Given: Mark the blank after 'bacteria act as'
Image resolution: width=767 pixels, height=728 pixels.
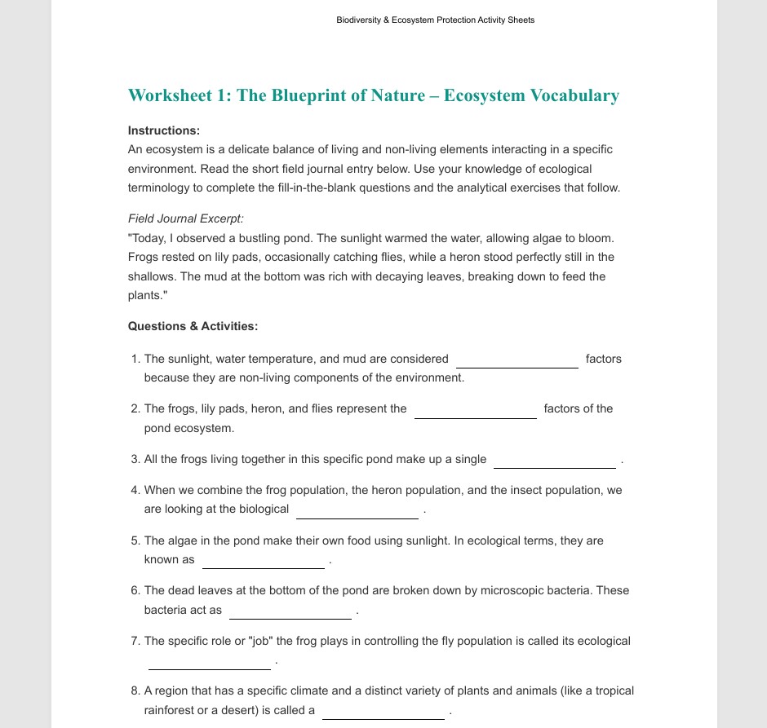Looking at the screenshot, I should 290,615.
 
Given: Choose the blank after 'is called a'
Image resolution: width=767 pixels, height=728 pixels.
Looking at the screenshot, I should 383,715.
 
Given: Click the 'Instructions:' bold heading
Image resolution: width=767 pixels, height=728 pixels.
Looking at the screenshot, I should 164,130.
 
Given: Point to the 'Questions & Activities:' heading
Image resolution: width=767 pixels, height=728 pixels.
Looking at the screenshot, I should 193,326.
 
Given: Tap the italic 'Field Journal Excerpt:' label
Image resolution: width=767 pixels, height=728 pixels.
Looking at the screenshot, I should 186,218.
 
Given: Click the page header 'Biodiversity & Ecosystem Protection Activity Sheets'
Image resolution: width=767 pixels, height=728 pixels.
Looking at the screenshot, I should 436,20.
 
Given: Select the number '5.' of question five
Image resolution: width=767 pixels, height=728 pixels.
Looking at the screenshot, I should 135,540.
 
